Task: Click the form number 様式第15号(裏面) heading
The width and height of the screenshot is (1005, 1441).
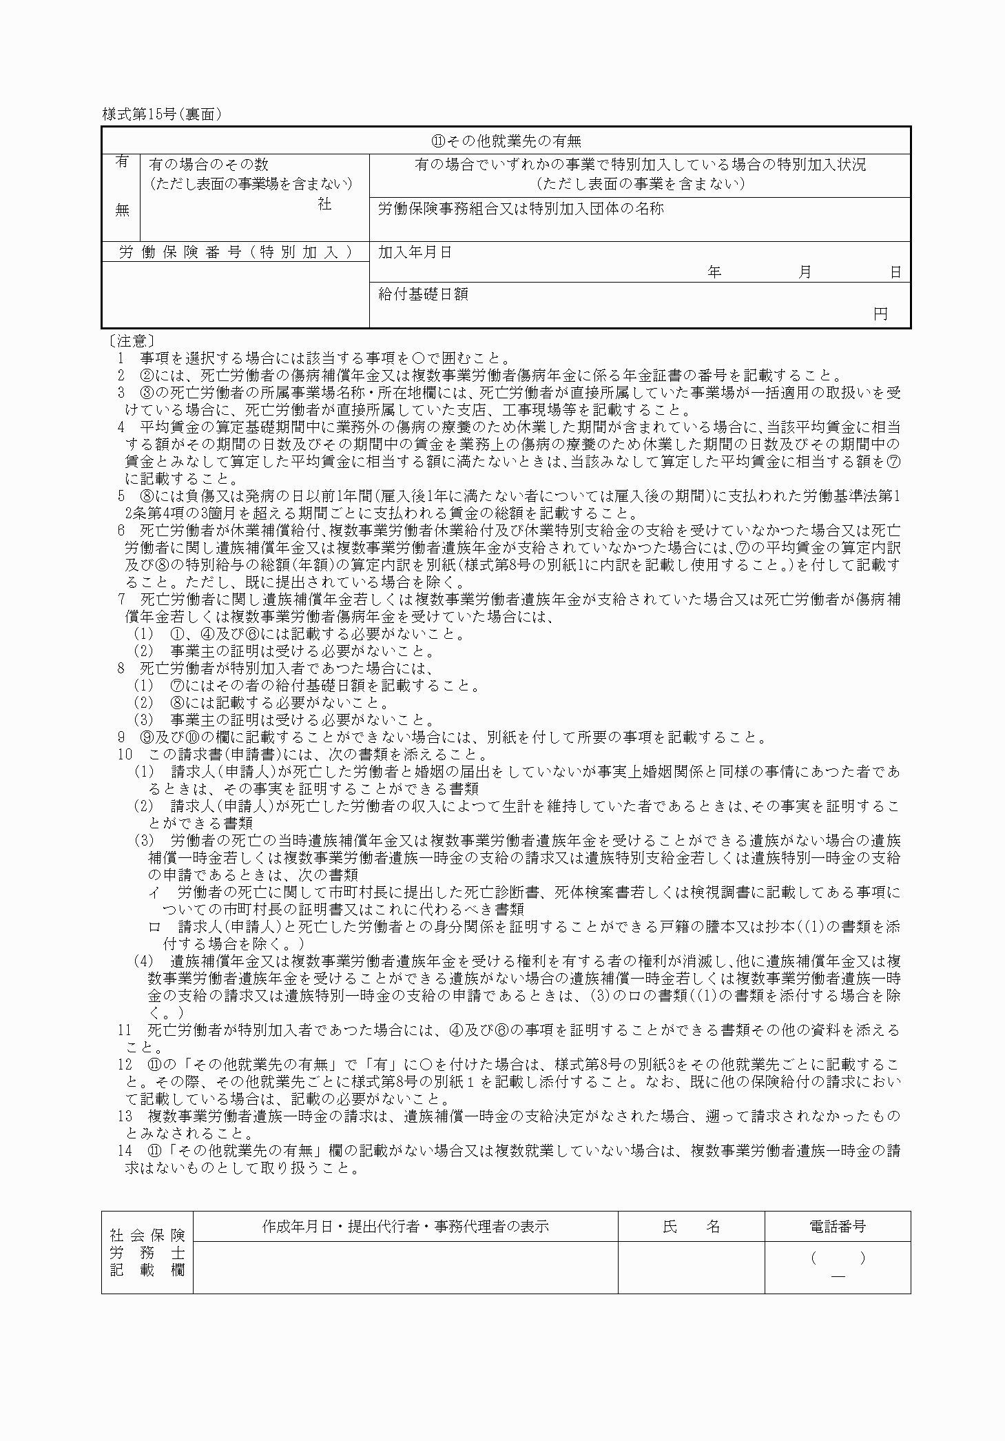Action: point(162,115)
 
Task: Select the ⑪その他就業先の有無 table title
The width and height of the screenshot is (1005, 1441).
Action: point(506,141)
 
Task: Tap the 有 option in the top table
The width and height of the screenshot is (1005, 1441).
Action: point(122,163)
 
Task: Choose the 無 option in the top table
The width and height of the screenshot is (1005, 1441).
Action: point(122,210)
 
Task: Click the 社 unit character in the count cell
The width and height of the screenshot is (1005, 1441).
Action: point(324,204)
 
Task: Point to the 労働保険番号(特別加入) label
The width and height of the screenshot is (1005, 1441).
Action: point(236,252)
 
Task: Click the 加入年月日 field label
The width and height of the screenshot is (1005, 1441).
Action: point(415,252)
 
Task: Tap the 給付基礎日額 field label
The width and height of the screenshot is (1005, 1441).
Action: point(423,294)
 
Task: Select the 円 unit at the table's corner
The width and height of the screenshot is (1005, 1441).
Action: point(880,314)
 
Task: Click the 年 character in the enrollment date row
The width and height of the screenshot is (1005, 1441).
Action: point(714,272)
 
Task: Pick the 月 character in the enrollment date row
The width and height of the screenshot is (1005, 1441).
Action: point(805,272)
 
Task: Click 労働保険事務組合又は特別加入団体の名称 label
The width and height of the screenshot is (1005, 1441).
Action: point(521,209)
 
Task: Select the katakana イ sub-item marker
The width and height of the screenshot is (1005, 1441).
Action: point(155,892)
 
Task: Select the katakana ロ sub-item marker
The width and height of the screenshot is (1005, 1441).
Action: point(155,927)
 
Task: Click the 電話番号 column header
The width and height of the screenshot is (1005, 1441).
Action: point(837,1227)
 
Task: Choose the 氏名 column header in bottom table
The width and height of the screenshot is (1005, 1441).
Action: point(691,1227)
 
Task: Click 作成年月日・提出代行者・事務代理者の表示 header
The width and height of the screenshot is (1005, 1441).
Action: point(405,1227)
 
